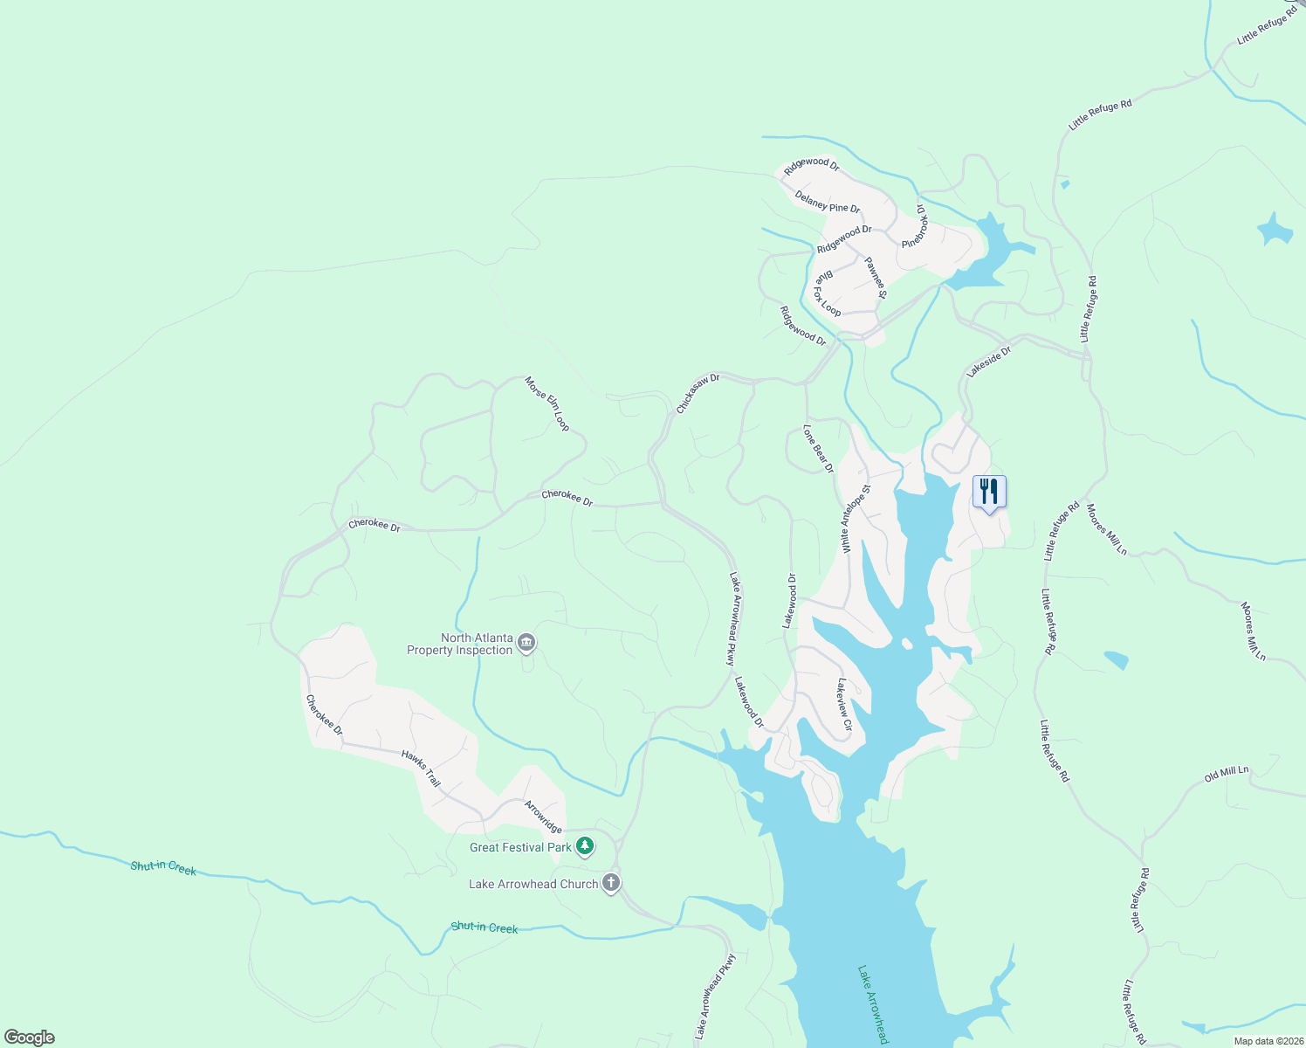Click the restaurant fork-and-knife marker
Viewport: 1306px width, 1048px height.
[x=989, y=492]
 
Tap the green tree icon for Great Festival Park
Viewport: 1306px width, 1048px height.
[x=585, y=846]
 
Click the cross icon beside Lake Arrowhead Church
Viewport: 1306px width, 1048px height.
[x=611, y=883]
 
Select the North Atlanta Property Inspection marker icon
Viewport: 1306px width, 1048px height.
[x=526, y=645]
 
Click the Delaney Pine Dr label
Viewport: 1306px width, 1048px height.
[x=828, y=202]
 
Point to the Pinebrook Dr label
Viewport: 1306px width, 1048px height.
[x=913, y=226]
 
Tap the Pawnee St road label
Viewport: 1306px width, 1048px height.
[x=876, y=277]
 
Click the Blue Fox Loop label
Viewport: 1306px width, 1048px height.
[x=827, y=293]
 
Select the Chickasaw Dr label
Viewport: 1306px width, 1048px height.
[x=698, y=393]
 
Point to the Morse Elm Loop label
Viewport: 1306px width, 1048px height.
[x=547, y=403]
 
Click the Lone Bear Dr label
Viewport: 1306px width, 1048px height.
[x=818, y=449]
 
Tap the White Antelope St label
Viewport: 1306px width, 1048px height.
[x=856, y=519]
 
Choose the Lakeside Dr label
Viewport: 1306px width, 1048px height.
[x=988, y=362]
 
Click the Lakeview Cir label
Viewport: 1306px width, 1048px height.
[x=843, y=704]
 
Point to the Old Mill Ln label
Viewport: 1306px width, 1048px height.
[x=1227, y=774]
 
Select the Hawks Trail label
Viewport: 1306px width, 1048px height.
[x=421, y=768]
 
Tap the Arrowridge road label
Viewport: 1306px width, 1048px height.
[x=542, y=816]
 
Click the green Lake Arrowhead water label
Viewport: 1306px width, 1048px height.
[x=873, y=1004]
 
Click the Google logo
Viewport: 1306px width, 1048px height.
[x=30, y=1038]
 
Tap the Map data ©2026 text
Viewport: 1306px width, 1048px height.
[x=1267, y=1041]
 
